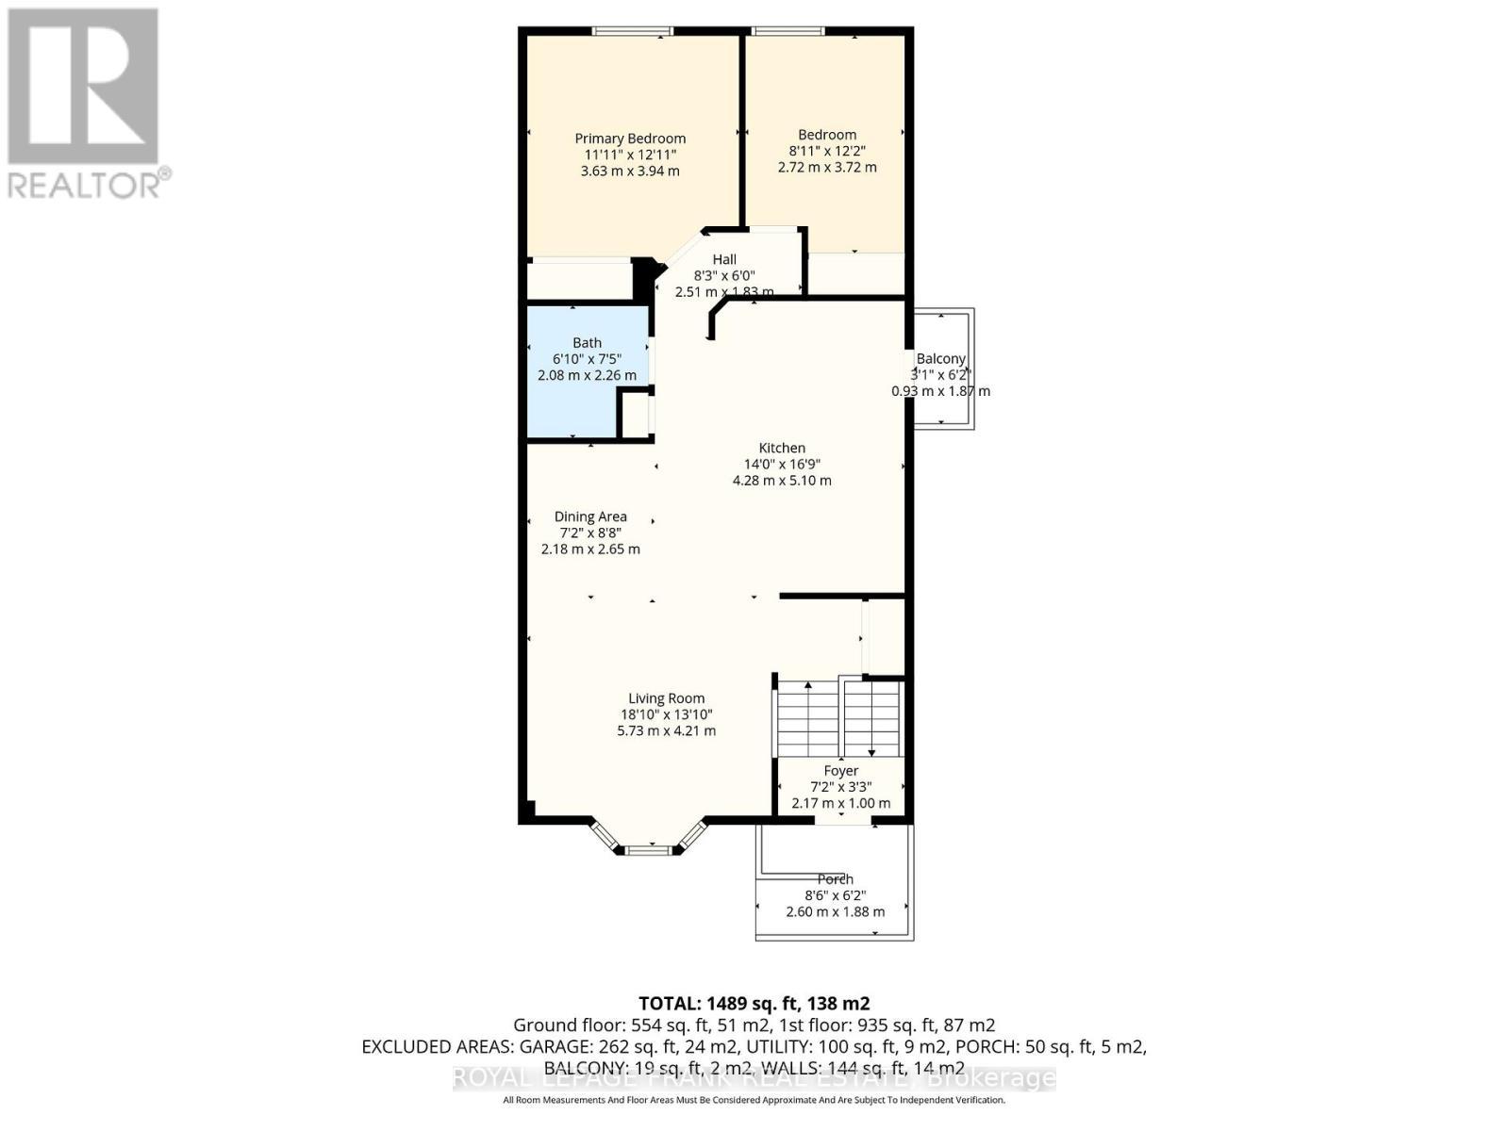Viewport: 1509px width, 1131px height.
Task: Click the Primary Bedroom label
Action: (x=630, y=139)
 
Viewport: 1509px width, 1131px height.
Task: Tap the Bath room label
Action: (x=587, y=343)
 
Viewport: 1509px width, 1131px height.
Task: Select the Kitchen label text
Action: (x=782, y=449)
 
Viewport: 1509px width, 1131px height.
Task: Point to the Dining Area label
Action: (x=590, y=516)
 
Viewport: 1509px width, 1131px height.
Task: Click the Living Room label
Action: (x=667, y=698)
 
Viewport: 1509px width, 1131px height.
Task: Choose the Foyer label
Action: (x=841, y=771)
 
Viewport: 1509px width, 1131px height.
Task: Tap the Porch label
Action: (x=836, y=879)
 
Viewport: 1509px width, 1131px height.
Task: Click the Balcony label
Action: (x=941, y=359)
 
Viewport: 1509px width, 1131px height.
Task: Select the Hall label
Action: (x=724, y=259)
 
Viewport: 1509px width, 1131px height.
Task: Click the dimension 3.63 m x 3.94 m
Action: (x=630, y=171)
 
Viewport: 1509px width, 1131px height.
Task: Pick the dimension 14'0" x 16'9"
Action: (x=782, y=465)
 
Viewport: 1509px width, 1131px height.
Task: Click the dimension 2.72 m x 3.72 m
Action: (x=827, y=167)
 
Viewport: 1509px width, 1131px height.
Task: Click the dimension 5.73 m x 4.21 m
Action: (x=667, y=730)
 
